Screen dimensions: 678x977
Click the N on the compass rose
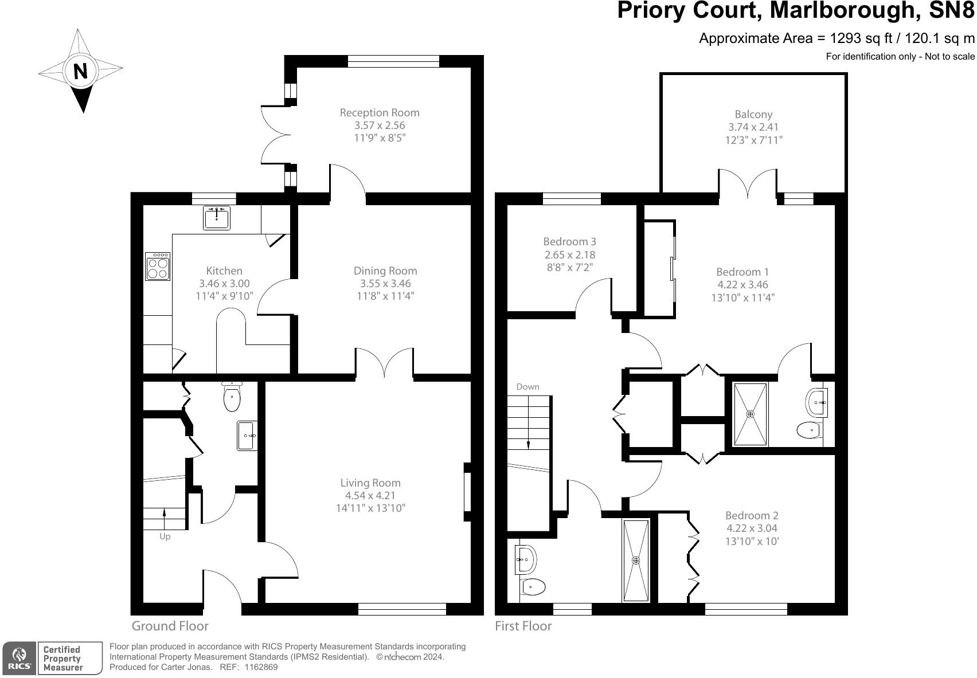point(81,72)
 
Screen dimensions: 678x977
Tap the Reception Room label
point(379,113)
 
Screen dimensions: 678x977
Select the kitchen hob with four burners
point(158,267)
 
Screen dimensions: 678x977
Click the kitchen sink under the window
point(217,218)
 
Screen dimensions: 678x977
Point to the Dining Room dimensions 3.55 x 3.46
point(385,284)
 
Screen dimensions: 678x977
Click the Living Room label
point(370,483)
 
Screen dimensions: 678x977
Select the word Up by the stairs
point(165,537)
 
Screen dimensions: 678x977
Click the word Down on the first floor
point(527,387)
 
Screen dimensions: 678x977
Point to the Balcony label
point(753,115)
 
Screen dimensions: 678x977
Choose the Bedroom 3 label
point(569,242)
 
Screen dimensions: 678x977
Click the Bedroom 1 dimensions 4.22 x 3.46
point(742,285)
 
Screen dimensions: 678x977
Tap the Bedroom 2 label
point(751,516)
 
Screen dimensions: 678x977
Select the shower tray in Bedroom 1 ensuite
point(750,414)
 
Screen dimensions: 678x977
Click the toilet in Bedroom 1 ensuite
point(808,429)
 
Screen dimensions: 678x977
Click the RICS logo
point(20,658)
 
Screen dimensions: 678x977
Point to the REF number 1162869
point(261,667)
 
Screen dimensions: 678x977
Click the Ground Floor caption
point(170,626)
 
